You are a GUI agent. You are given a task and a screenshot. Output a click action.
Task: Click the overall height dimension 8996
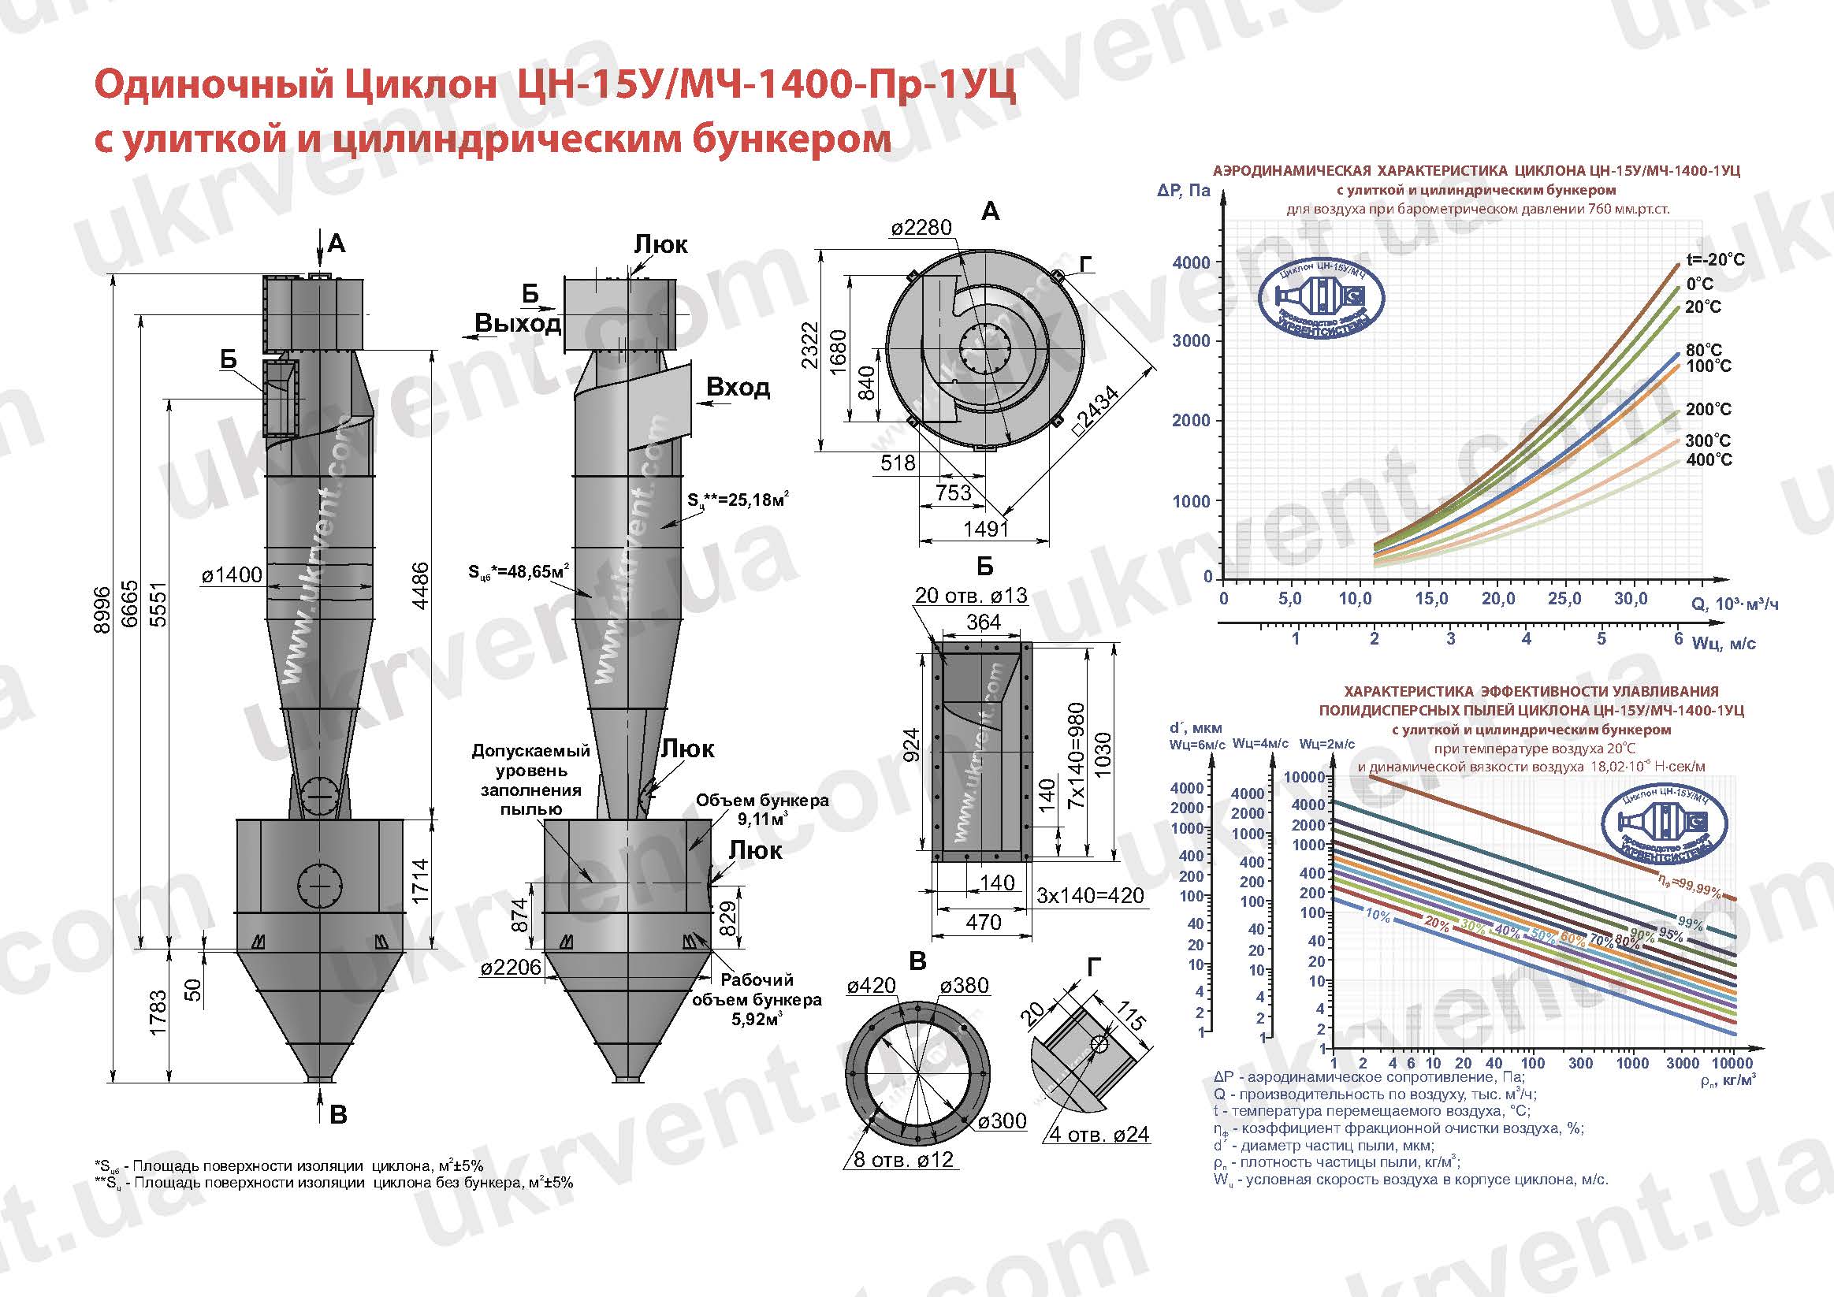coord(102,611)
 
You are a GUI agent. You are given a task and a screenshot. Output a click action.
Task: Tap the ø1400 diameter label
coord(232,575)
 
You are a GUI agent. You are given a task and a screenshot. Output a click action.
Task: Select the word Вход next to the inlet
coord(738,388)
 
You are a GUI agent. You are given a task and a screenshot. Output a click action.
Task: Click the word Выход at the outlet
coord(518,323)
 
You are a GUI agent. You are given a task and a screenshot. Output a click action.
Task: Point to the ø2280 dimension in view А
coord(922,228)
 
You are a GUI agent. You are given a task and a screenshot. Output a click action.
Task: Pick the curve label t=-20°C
coord(1715,259)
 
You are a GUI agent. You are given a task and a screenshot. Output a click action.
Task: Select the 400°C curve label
coord(1709,460)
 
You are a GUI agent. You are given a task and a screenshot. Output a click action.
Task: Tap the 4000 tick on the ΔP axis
coord(1191,262)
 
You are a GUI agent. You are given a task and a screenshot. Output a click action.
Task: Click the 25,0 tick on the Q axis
coord(1563,599)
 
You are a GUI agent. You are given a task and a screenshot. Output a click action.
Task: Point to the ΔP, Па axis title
coord(1184,190)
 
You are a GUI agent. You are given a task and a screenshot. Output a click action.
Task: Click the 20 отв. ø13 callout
coord(970,595)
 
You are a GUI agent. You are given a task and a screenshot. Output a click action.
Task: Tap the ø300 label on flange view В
coord(1002,1121)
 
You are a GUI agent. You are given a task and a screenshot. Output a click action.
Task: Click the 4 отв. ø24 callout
coord(1099,1135)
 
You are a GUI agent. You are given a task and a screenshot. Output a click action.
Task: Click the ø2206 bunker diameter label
coord(512,968)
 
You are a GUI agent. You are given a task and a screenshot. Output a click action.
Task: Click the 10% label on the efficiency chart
coord(1378,916)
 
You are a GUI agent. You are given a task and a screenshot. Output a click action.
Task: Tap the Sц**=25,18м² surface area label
coord(738,500)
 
